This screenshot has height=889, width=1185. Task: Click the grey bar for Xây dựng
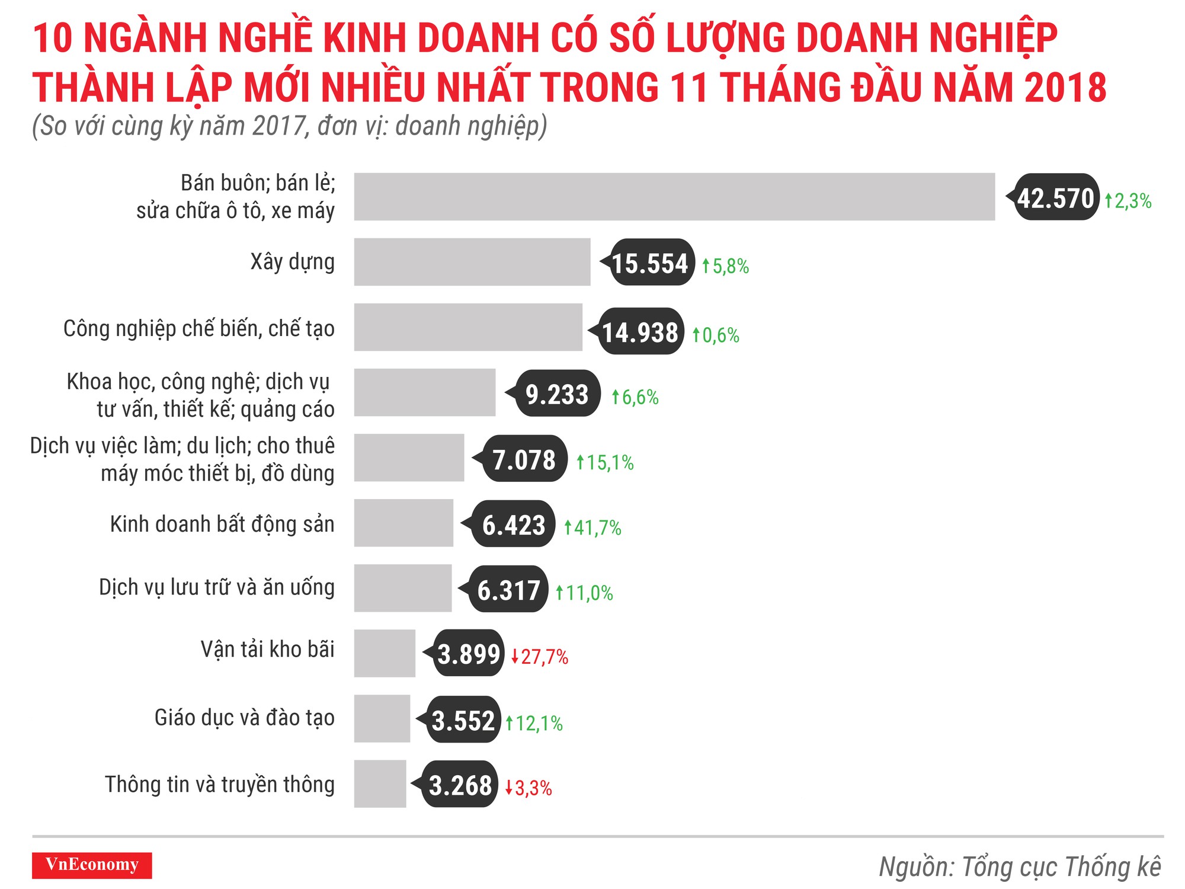tap(472, 262)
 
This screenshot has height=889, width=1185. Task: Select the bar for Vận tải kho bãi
tap(385, 653)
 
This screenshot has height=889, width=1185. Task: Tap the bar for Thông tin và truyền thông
tap(380, 784)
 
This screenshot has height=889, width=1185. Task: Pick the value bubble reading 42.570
tap(1055, 197)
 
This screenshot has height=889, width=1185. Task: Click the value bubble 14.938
tap(640, 332)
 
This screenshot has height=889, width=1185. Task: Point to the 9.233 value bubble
tap(557, 394)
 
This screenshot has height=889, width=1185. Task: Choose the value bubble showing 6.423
tap(513, 525)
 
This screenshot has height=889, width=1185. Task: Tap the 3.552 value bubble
tap(463, 720)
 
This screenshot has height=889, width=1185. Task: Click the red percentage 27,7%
tap(540, 657)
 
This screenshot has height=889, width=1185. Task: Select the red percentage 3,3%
tap(529, 788)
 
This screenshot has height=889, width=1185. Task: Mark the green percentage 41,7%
tap(592, 527)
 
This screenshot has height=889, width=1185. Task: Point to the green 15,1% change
tap(605, 462)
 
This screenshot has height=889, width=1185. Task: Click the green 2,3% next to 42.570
tap(1128, 201)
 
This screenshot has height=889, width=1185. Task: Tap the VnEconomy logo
tap(92, 865)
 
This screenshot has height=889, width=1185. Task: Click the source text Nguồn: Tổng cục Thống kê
tap(1020, 866)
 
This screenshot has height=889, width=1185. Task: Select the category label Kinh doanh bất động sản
tap(222, 525)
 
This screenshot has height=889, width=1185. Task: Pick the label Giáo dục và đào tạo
tap(244, 717)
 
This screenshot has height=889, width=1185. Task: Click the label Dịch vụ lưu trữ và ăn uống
tap(216, 587)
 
